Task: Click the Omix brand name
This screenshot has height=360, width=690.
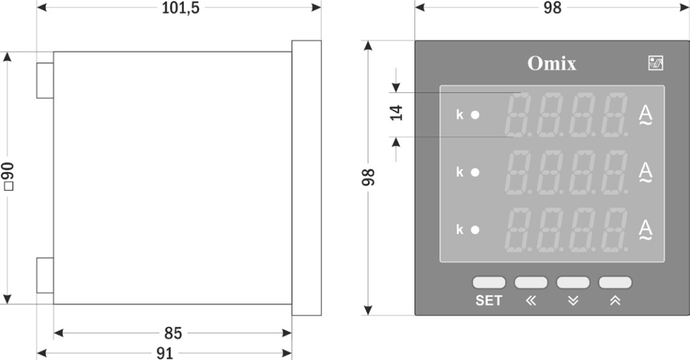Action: (552, 64)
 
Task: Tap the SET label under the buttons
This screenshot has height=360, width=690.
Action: (489, 301)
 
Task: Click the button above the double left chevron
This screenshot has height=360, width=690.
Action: (531, 282)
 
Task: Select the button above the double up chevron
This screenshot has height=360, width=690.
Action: (615, 282)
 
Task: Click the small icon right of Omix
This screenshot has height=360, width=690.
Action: (655, 63)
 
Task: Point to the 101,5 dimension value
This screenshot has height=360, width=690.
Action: (181, 8)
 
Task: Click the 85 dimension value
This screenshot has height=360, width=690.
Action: (172, 333)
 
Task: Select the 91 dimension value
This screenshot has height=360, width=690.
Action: (164, 353)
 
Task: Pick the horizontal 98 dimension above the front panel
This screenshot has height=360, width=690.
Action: (552, 8)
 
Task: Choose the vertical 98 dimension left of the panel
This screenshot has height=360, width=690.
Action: (369, 178)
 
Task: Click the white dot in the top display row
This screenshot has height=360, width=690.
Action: (475, 115)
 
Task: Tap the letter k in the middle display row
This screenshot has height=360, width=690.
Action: (460, 172)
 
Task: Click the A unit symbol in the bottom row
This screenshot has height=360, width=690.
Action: (646, 227)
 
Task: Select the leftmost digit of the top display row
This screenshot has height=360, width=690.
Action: (519, 115)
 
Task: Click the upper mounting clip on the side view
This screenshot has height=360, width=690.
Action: (44, 80)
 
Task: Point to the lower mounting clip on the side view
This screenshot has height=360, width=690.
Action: (44, 275)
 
